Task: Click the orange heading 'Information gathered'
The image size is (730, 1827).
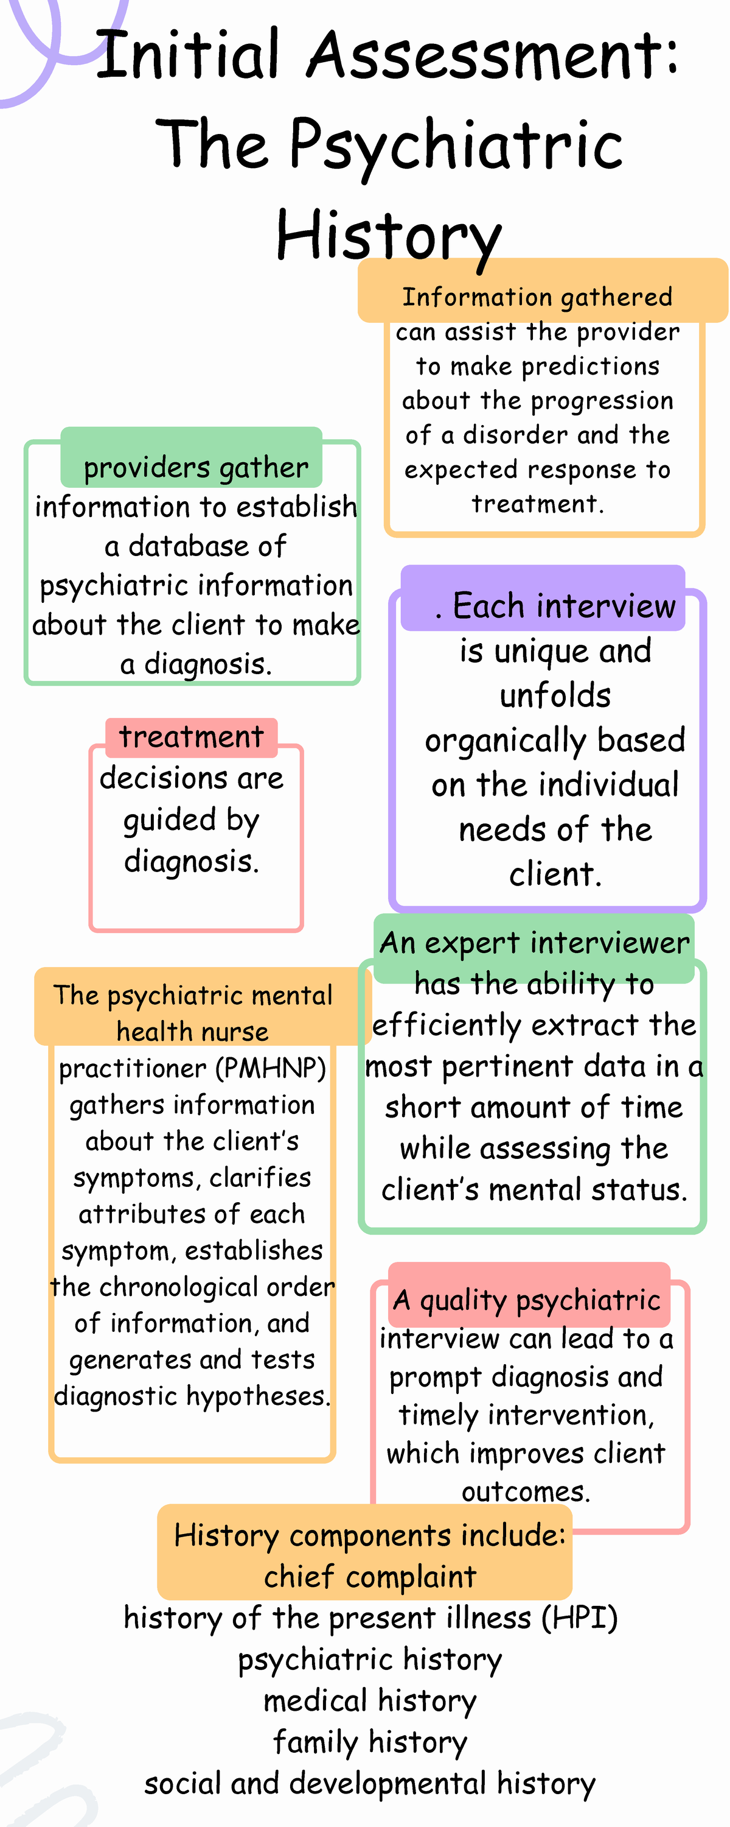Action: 537,297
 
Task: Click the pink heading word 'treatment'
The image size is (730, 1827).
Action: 192,737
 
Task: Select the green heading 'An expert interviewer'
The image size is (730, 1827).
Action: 534,943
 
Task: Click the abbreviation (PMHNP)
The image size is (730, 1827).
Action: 275,1068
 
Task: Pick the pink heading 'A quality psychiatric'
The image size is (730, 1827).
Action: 527,1300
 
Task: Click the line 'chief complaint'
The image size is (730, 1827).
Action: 370,1577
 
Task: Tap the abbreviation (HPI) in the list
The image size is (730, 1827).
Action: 580,1618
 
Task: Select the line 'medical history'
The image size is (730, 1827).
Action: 370,1701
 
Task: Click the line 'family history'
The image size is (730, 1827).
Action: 370,1742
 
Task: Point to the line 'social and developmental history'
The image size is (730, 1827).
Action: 370,1783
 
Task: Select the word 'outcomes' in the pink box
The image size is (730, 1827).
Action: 525,1491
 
